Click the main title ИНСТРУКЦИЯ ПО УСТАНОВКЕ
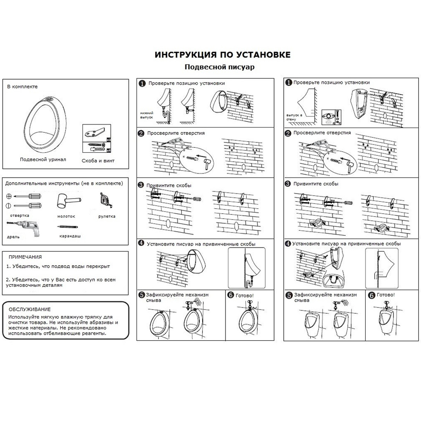(222, 55)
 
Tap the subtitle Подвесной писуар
(220, 67)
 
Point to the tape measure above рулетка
(106, 200)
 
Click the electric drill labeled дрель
(24, 228)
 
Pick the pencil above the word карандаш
(67, 227)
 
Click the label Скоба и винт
(98, 161)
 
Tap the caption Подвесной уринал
(43, 160)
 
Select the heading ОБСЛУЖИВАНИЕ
(29, 309)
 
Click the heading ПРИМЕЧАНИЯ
(25, 257)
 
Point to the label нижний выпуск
(147, 115)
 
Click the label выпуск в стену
(294, 117)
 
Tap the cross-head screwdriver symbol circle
(9, 196)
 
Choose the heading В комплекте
(22, 87)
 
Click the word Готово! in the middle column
(245, 296)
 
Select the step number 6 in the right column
(372, 296)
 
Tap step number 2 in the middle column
(141, 133)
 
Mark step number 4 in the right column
(288, 243)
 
